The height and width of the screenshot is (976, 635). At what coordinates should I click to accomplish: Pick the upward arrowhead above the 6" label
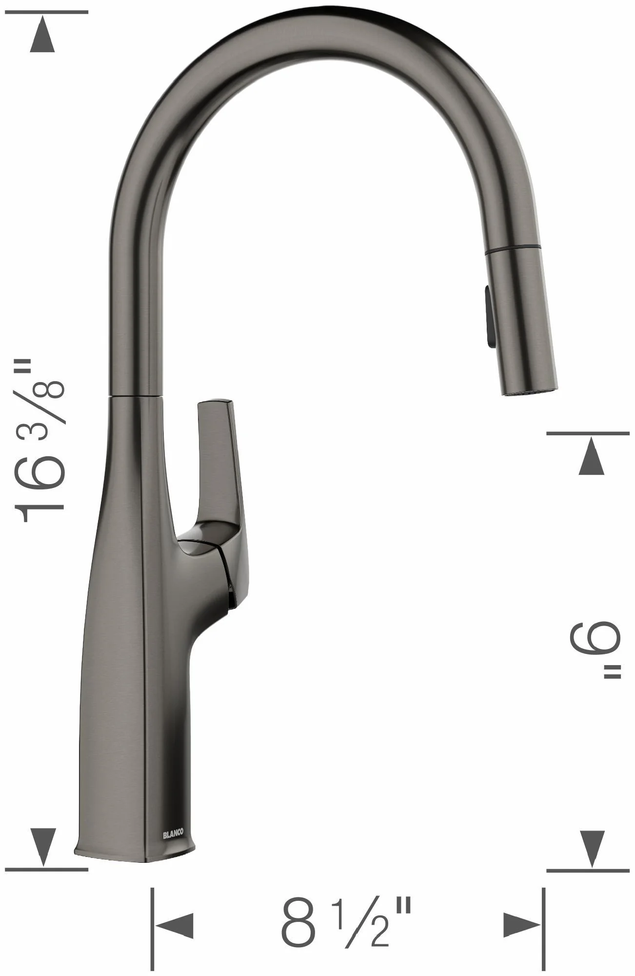[x=592, y=456]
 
